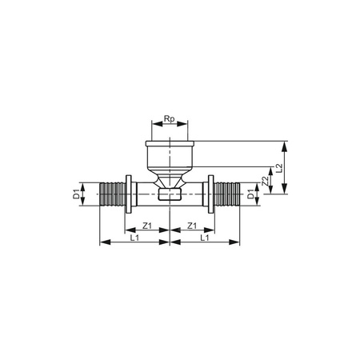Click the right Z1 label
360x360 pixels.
click(193, 226)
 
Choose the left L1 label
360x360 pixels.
click(133, 238)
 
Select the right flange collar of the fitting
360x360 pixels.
click(210, 194)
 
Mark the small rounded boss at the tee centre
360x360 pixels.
click(170, 194)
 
